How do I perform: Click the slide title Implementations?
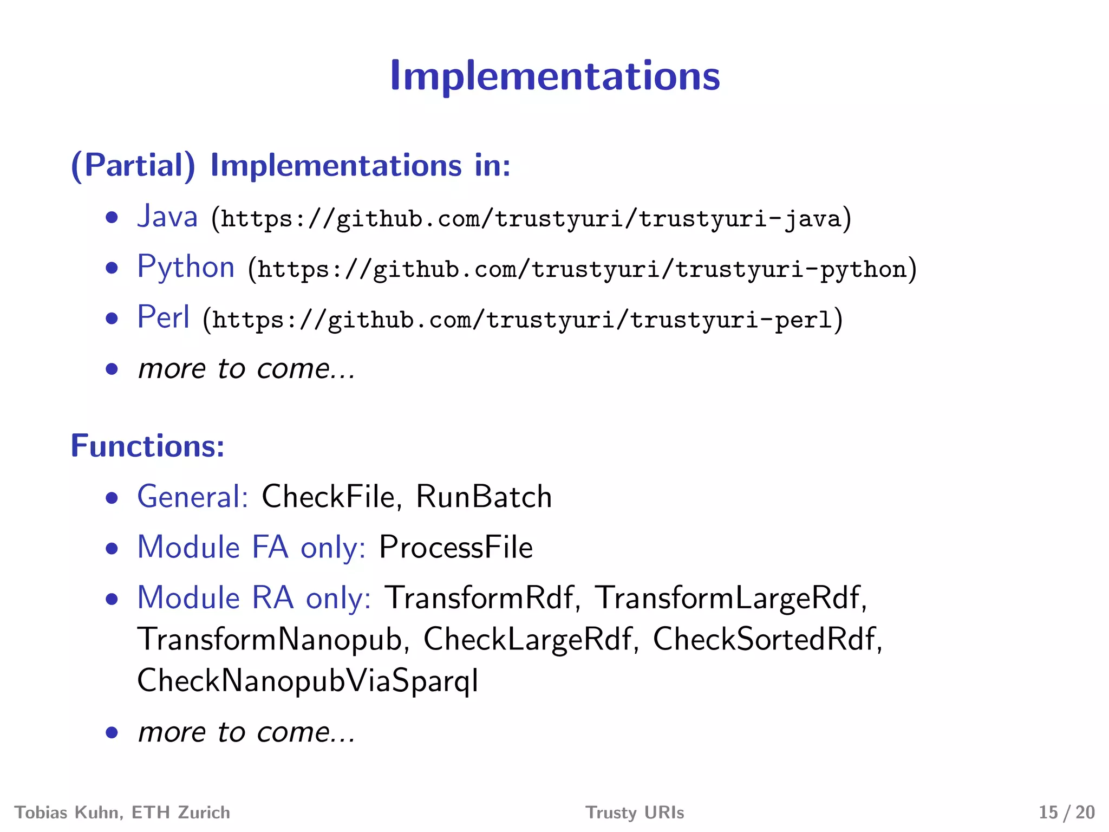coord(554,76)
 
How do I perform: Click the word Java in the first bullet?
coord(167,217)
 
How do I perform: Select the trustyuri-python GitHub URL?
coord(582,269)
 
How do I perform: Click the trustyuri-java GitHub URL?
coord(531,219)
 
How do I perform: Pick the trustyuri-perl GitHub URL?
coord(523,320)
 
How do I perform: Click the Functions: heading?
coord(147,446)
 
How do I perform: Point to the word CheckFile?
coord(329,497)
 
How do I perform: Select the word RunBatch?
coord(484,497)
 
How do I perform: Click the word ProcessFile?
coord(456,547)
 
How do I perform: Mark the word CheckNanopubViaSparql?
coord(308,681)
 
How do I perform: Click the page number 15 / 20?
coord(1066,812)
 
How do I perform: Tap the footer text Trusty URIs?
coord(635,812)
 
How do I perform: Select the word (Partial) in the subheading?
coord(133,165)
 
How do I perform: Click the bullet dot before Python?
coord(112,268)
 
